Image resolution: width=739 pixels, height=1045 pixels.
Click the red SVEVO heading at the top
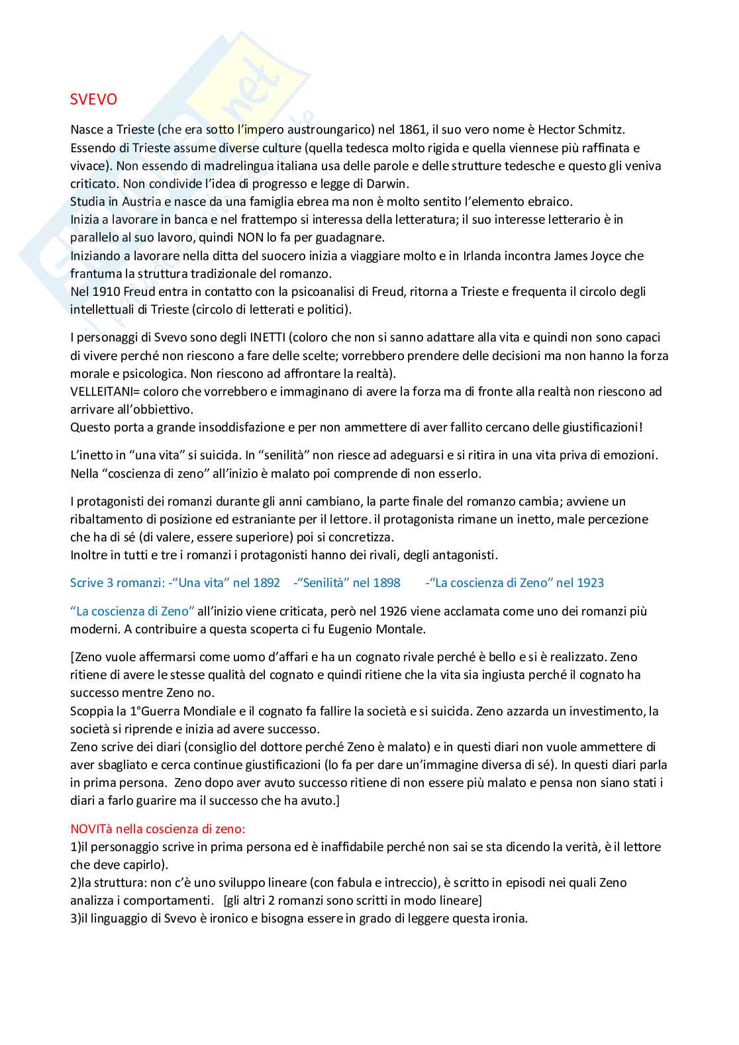93,99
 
